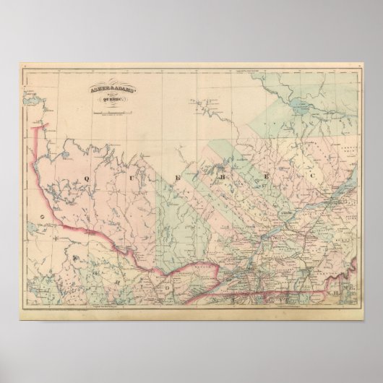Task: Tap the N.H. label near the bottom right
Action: click(339, 291)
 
